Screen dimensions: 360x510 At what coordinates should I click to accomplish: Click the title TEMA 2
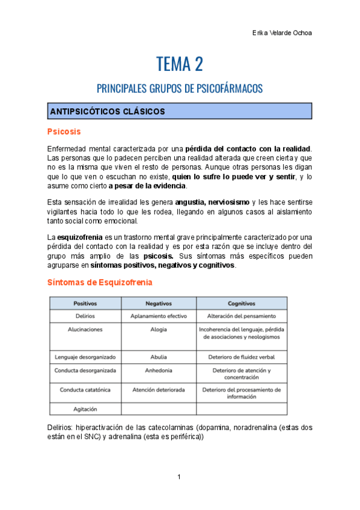tap(180, 63)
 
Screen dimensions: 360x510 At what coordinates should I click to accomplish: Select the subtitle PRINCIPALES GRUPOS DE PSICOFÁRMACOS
tap(180, 88)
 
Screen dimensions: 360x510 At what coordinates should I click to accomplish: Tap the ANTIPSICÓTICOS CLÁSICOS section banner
tap(180, 111)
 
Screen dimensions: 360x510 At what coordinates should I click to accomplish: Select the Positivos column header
tap(85, 304)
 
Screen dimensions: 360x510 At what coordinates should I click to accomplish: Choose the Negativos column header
tap(159, 304)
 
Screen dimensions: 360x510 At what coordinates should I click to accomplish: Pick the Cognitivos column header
tap(241, 304)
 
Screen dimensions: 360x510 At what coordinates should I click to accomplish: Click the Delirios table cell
tap(85, 316)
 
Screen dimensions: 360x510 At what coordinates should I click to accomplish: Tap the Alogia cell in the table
tap(159, 330)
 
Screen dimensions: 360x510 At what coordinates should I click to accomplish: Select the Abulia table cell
tap(159, 357)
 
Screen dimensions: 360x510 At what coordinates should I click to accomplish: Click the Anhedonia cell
tap(159, 370)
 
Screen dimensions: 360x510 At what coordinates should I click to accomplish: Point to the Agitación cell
tap(85, 409)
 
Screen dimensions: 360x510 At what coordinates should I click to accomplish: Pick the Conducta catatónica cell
tap(85, 390)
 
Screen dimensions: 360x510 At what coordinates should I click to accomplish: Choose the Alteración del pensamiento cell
tap(241, 316)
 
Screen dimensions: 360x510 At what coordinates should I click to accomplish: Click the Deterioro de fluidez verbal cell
tap(241, 357)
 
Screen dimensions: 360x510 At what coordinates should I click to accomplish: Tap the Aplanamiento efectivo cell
tap(159, 316)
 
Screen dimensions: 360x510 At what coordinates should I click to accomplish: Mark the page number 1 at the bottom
tap(179, 477)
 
